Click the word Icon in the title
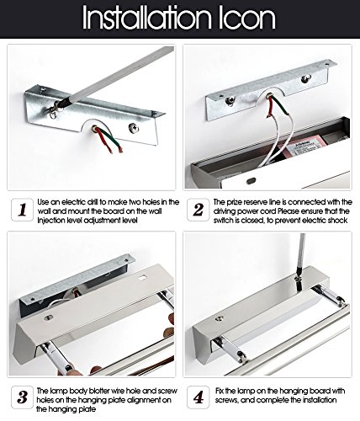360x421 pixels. point(247,18)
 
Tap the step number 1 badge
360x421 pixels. point(23,210)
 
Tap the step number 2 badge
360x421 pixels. point(199,210)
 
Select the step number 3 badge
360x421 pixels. point(23,397)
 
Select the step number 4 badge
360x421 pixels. point(199,397)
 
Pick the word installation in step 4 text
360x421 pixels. point(320,400)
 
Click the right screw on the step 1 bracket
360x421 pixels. point(134,128)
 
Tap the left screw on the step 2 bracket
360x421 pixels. point(230,100)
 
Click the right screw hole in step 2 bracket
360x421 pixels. point(306,78)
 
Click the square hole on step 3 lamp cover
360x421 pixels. point(143,277)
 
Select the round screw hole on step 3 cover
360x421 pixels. point(50,317)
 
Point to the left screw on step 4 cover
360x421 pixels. point(219,318)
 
